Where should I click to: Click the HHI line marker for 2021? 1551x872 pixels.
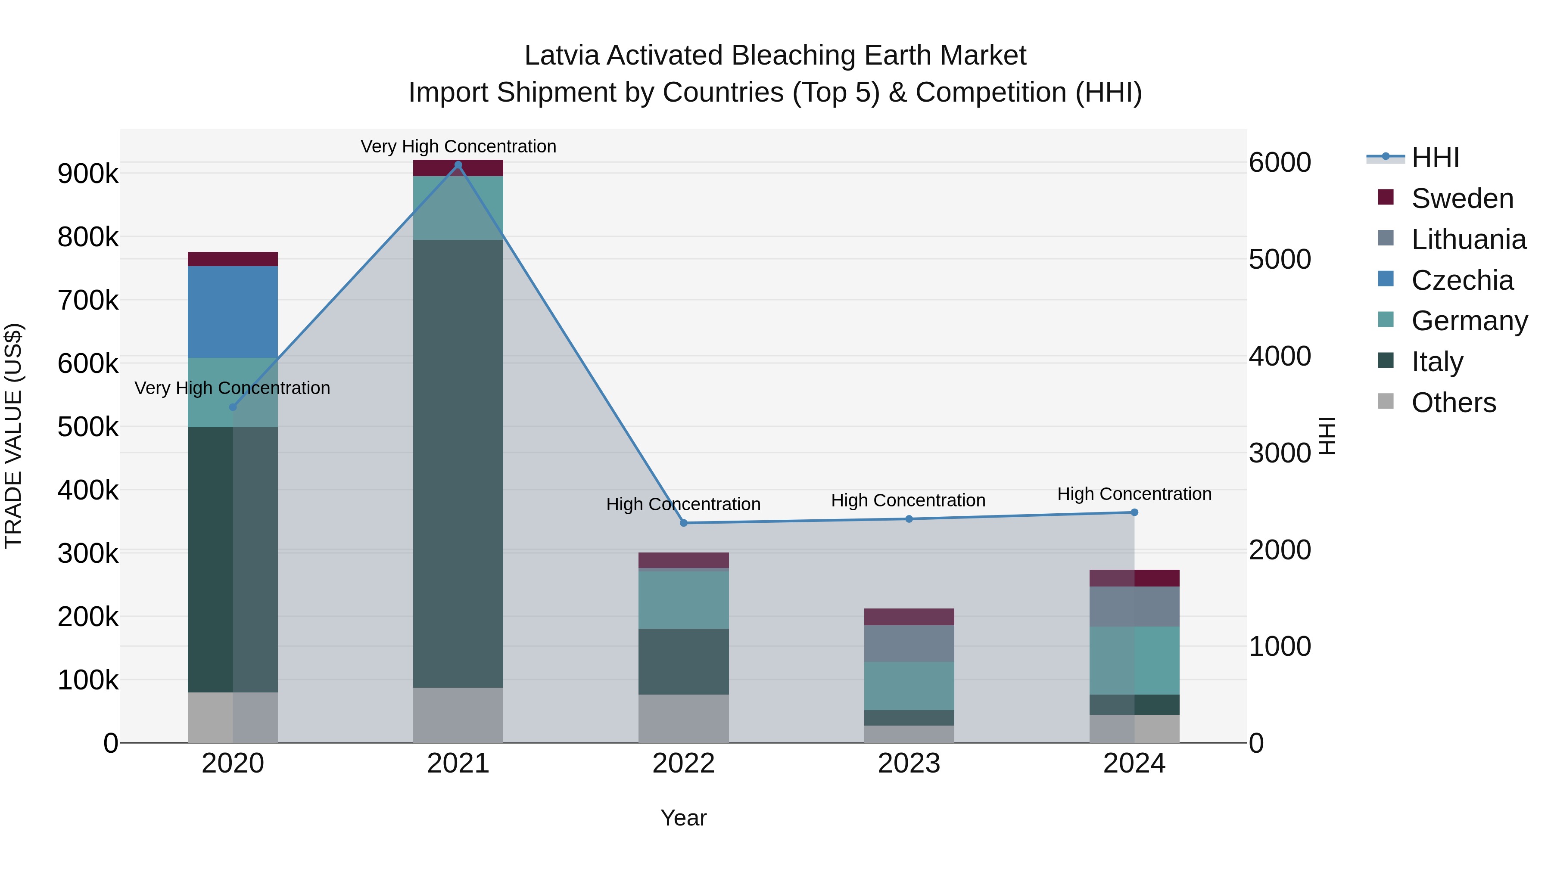458,165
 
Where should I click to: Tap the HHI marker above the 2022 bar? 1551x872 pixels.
683,523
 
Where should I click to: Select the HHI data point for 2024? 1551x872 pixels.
1134,512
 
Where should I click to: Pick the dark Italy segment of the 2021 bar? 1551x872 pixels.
458,463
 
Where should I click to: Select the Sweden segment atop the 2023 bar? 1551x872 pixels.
909,617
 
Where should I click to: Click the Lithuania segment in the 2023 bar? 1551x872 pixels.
909,643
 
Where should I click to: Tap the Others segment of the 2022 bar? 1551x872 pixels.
683,719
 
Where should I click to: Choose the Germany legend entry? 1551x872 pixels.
1469,321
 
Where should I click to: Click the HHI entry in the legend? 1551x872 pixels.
1436,158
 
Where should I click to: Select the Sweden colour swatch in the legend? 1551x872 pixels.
1386,197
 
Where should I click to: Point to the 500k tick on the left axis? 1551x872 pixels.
88,427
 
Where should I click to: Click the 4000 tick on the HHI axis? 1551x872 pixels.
1280,356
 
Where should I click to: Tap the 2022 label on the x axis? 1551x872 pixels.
683,763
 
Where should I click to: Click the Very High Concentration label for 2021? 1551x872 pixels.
458,146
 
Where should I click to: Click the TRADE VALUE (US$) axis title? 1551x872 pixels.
13,436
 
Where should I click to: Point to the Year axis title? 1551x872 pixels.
683,818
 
